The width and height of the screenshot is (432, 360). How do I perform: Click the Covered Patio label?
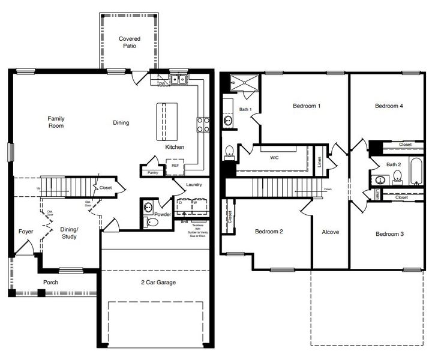click(x=129, y=42)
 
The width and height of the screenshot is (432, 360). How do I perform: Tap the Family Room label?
click(x=56, y=122)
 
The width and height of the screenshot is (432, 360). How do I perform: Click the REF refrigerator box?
click(x=175, y=165)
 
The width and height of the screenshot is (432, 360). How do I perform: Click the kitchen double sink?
click(x=178, y=79)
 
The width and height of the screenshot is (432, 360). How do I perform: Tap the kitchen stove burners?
click(x=203, y=124)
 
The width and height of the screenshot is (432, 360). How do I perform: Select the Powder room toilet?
click(x=152, y=223)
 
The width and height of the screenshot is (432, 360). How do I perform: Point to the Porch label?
click(x=50, y=282)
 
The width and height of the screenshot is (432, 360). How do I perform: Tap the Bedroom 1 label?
click(x=307, y=106)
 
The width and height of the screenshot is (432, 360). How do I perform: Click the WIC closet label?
click(x=274, y=158)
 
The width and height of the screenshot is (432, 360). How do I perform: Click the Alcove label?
click(x=331, y=232)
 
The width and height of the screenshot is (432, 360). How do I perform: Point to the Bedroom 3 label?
click(x=389, y=233)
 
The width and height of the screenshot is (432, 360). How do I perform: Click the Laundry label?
click(x=194, y=185)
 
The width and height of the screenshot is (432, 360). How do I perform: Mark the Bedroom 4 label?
click(x=389, y=106)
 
